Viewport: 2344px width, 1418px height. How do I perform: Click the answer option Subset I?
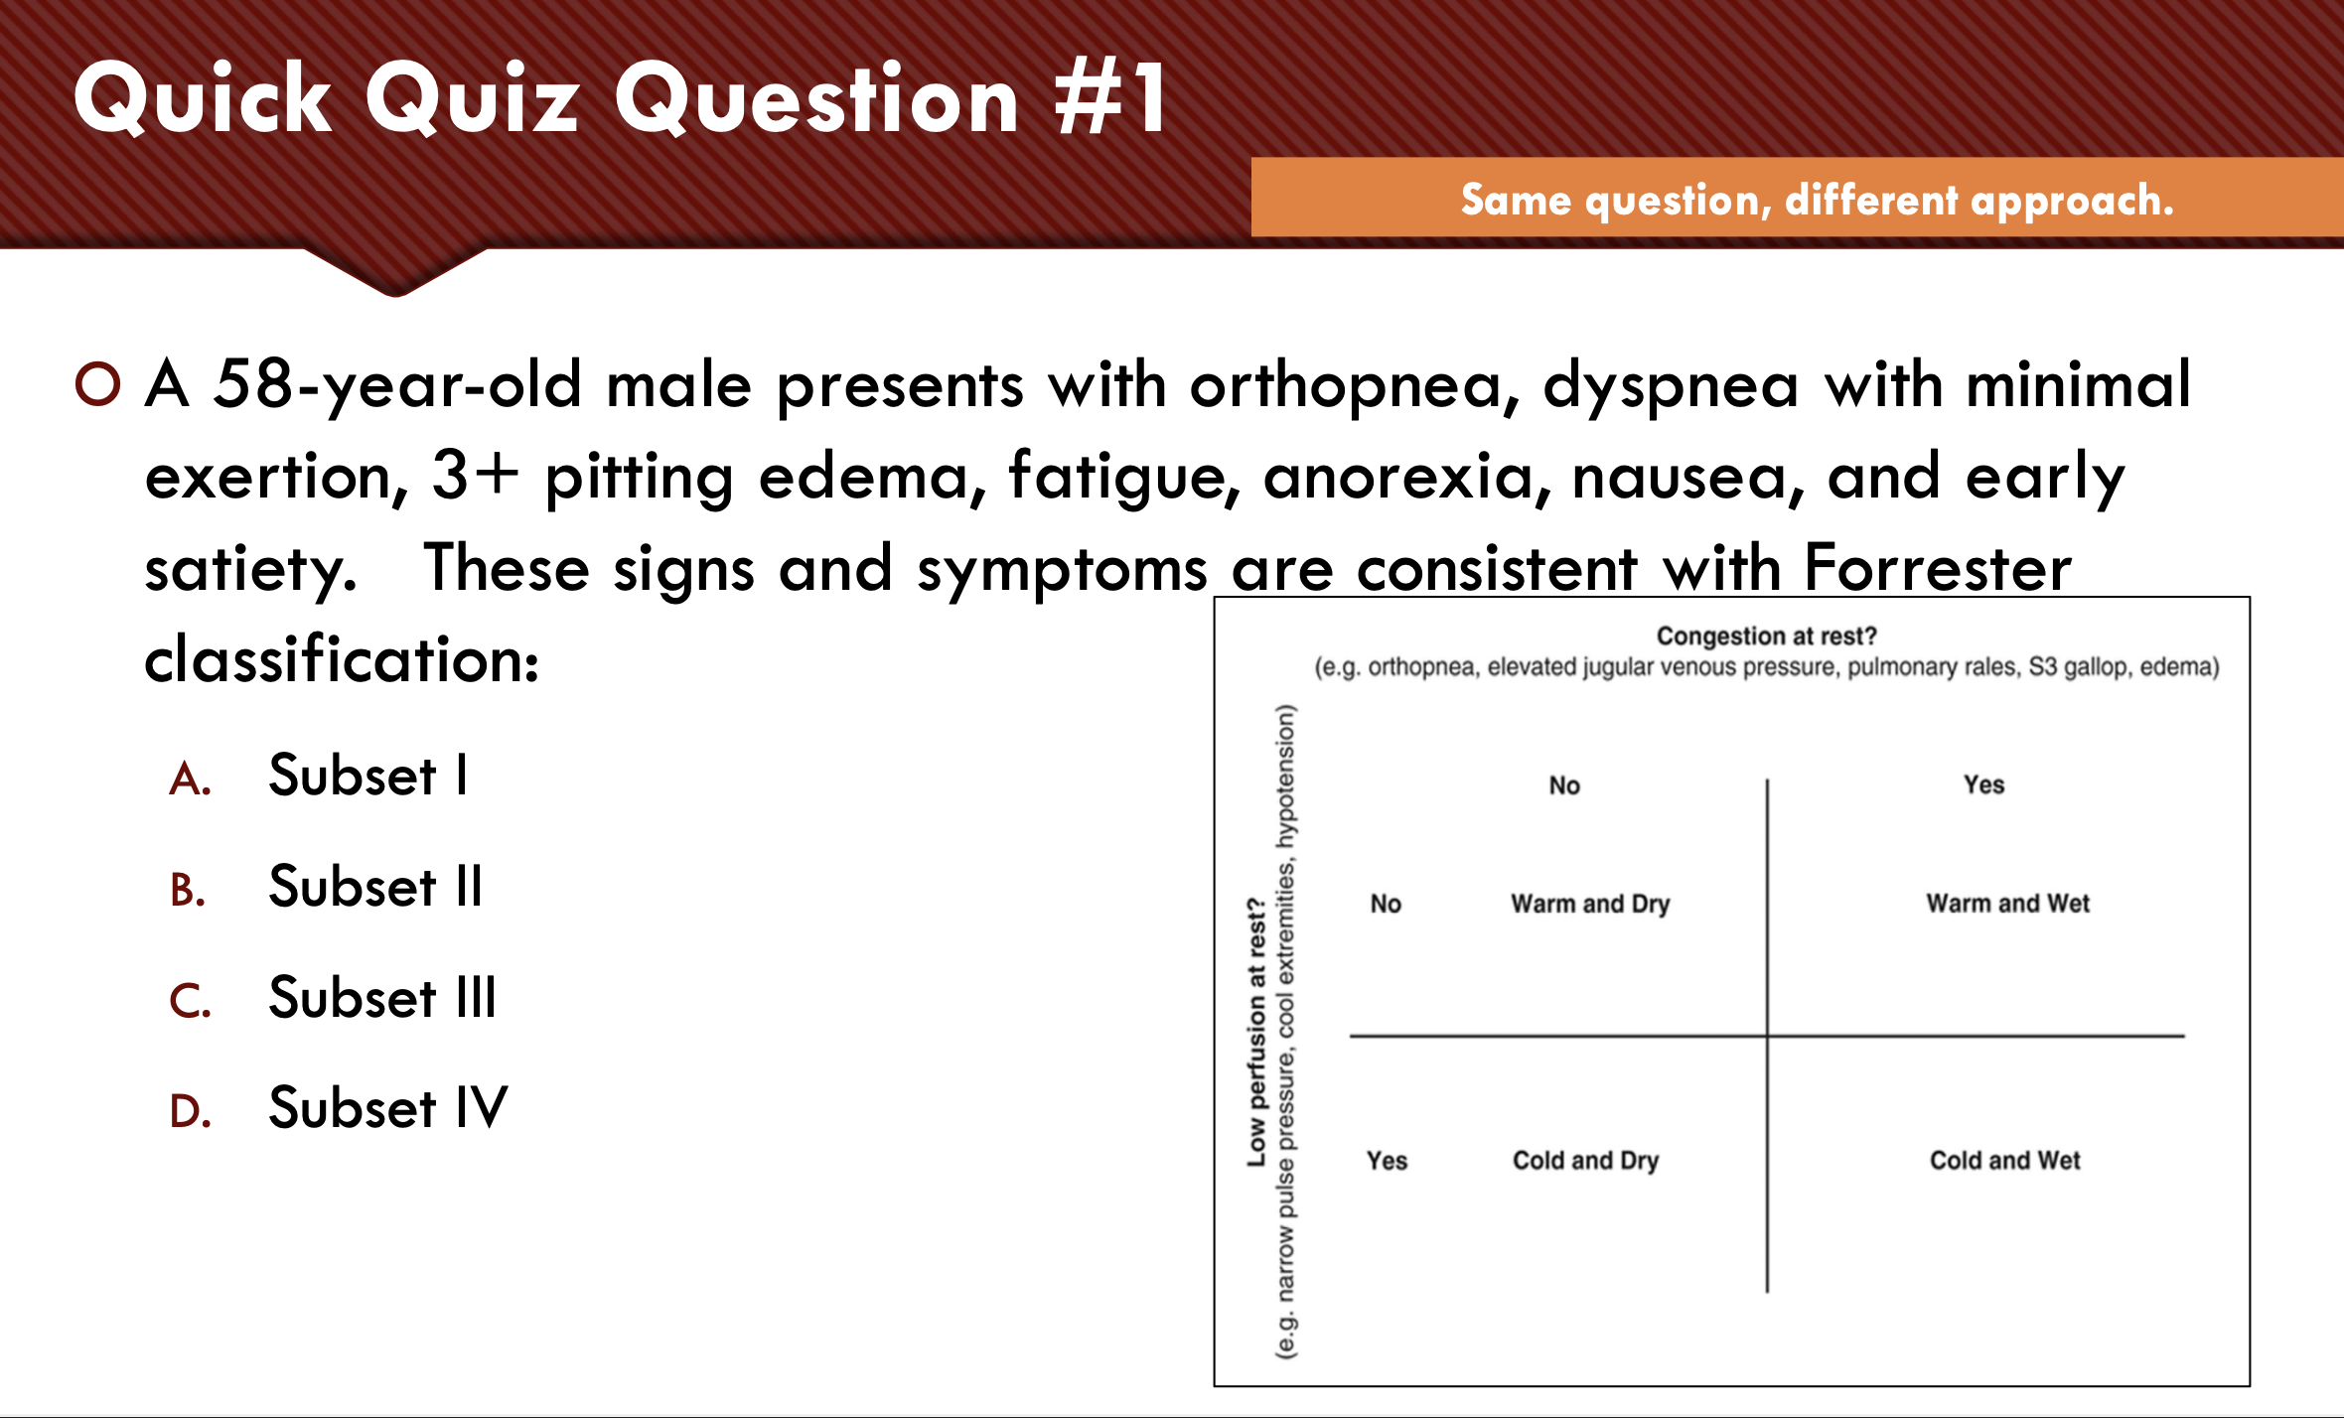(367, 776)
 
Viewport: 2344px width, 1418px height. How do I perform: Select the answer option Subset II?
(375, 887)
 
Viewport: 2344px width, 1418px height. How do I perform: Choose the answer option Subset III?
(382, 998)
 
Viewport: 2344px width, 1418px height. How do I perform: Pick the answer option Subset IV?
(388, 1108)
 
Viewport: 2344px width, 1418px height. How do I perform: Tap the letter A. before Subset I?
(190, 780)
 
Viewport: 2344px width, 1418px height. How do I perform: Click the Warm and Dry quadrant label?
(1590, 904)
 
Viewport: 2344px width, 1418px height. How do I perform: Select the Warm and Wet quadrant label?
(2007, 903)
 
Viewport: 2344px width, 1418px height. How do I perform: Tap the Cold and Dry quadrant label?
(1585, 1160)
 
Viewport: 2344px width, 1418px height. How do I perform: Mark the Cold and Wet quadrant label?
(2004, 1160)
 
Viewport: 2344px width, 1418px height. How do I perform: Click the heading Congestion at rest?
(1766, 636)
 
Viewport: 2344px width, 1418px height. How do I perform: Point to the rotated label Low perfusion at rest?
(1256, 1033)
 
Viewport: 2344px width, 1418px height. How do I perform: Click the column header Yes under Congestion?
(1983, 784)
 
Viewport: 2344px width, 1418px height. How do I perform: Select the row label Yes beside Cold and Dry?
(1387, 1160)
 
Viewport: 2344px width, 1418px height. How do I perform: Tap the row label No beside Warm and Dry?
(1386, 904)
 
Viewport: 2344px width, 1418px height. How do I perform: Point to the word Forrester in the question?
(1937, 568)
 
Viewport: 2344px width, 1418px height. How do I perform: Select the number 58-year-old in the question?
(397, 385)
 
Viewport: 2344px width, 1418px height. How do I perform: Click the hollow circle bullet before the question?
(97, 384)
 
